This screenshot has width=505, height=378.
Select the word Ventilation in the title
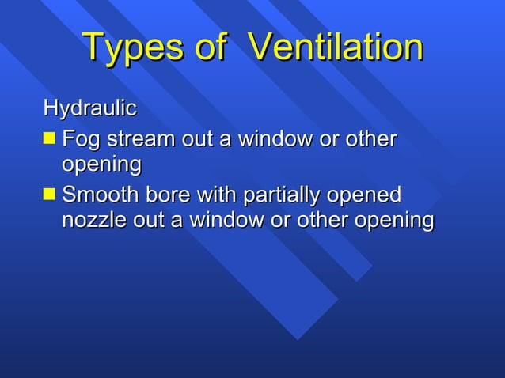pyautogui.click(x=336, y=49)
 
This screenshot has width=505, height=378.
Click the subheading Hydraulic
pyautogui.click(x=89, y=108)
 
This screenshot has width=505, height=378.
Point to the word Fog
pyautogui.click(x=82, y=140)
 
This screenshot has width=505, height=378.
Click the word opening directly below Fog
pyautogui.click(x=101, y=166)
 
